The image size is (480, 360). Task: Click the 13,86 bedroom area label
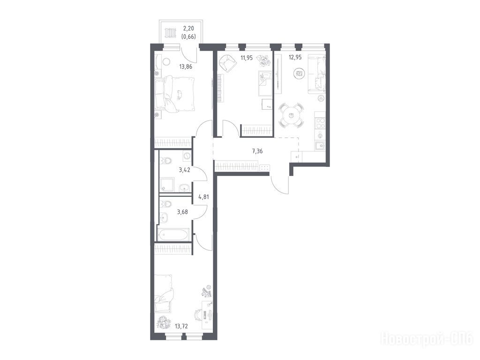(x=186, y=67)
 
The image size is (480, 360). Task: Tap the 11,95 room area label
(x=247, y=58)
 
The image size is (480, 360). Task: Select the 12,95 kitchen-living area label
(x=295, y=57)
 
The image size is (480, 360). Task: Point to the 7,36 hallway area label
(x=257, y=150)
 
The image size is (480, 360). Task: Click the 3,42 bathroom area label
(x=185, y=170)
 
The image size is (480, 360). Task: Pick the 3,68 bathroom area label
(x=182, y=211)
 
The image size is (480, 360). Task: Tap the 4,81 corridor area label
(x=203, y=197)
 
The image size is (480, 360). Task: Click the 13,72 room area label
(x=181, y=327)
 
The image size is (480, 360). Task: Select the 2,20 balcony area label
(x=188, y=30)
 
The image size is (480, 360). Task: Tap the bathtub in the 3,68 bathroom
(x=173, y=235)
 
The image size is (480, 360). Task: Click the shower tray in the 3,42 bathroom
(x=167, y=185)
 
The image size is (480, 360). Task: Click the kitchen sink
(x=320, y=145)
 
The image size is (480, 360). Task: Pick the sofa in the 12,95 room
(x=317, y=74)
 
